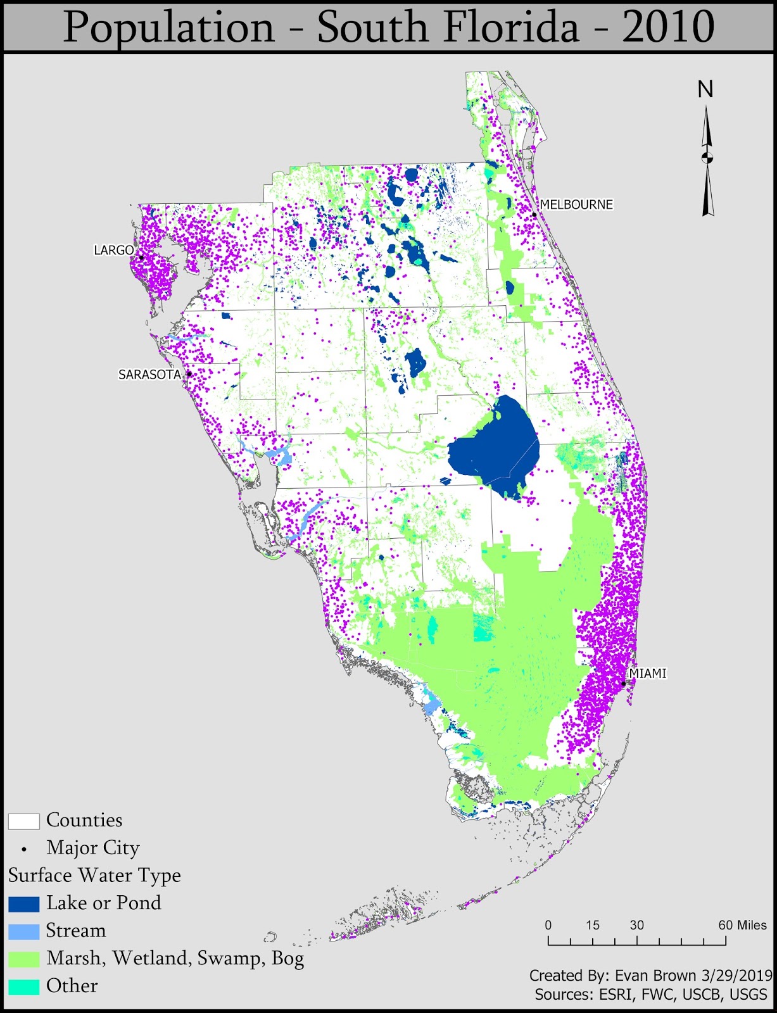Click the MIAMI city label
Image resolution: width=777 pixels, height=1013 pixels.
[648, 674]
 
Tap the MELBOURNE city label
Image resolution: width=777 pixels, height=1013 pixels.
[576, 204]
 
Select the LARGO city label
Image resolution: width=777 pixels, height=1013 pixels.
[114, 250]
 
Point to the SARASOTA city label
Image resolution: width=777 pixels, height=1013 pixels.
[149, 374]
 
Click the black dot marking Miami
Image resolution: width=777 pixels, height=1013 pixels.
[624, 684]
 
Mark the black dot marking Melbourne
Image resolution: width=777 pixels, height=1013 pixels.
[534, 215]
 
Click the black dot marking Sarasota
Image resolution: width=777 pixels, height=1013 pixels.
[189, 374]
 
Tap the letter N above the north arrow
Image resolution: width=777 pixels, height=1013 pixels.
[705, 90]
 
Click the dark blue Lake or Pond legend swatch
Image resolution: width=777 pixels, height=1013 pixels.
[24, 903]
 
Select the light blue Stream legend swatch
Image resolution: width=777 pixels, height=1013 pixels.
[24, 931]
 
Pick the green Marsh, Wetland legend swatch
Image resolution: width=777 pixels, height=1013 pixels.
[24, 959]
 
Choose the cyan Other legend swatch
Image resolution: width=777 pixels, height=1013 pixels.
[24, 986]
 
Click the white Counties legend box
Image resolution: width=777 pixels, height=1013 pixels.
[24, 821]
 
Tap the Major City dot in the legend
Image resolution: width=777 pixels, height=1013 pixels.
[24, 849]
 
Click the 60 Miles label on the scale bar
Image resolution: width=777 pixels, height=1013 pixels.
[742, 925]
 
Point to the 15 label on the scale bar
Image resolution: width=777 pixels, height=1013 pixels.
[592, 925]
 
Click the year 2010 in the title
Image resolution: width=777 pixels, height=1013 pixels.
[668, 27]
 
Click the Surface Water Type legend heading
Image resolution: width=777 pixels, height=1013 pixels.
[94, 876]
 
